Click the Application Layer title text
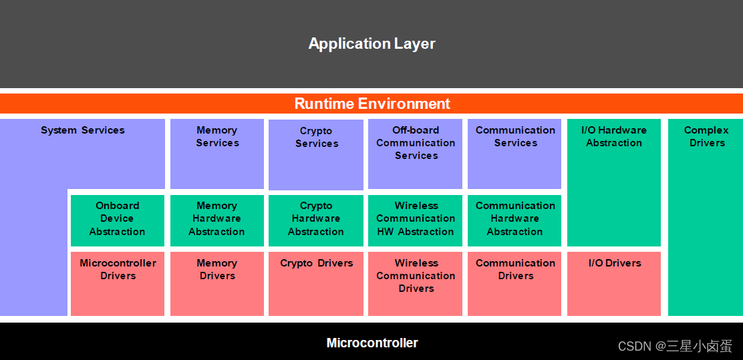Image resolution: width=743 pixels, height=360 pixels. point(371,44)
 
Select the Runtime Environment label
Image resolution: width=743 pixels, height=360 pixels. point(372,104)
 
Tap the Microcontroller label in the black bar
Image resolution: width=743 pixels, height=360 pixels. point(372,343)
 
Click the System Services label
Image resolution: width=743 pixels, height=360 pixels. point(83,130)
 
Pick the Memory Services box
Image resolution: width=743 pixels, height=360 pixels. point(217,154)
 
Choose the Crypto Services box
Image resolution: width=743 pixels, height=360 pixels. point(316,154)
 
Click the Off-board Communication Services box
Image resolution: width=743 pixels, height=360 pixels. point(416,154)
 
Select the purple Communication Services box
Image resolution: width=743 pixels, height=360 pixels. point(514,154)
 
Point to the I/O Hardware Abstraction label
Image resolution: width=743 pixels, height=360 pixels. point(614,136)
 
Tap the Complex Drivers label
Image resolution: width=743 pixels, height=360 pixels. point(706,136)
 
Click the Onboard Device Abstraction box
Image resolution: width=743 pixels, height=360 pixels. point(118,220)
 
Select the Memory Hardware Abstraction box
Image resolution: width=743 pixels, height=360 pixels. point(217,220)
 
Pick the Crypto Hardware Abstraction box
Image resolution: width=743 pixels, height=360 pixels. point(316,220)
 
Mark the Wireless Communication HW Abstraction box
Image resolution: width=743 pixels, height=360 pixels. point(416,220)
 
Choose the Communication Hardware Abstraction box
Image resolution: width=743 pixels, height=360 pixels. point(514,220)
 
